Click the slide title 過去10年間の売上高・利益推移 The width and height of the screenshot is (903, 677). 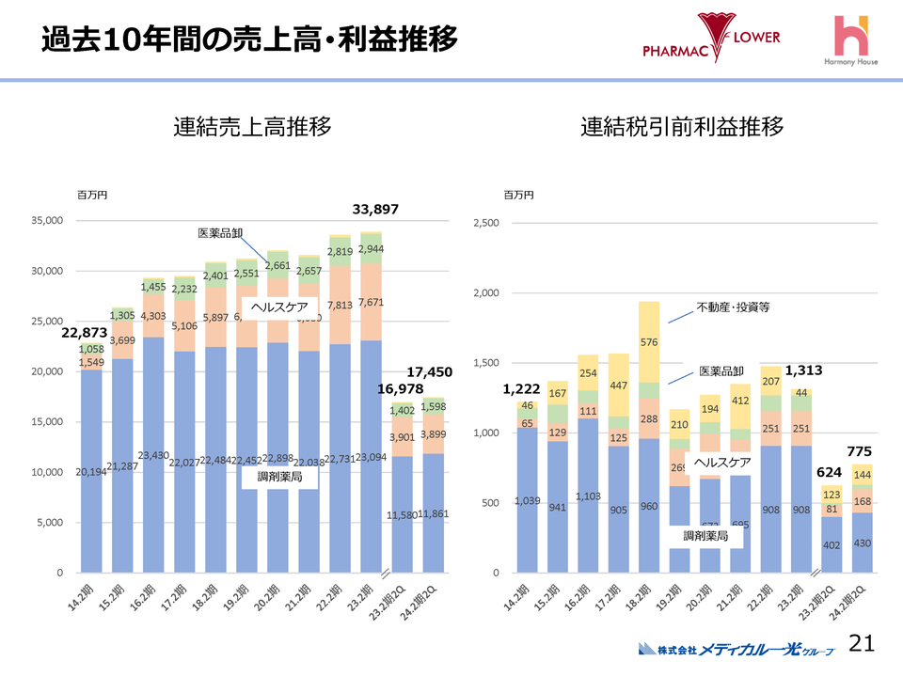249,39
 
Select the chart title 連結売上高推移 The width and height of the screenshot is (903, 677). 252,127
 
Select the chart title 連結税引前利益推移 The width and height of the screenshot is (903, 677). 682,127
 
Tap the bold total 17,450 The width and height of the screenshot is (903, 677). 430,372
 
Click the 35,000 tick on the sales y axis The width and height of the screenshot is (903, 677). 47,221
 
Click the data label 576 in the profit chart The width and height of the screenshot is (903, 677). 650,342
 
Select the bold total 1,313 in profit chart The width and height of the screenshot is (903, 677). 804,370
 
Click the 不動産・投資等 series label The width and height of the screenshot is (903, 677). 733,307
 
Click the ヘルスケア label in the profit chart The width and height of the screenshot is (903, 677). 722,463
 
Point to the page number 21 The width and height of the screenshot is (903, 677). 862,643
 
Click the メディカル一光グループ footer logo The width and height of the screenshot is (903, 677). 735,649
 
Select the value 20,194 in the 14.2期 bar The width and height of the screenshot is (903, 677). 91,471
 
